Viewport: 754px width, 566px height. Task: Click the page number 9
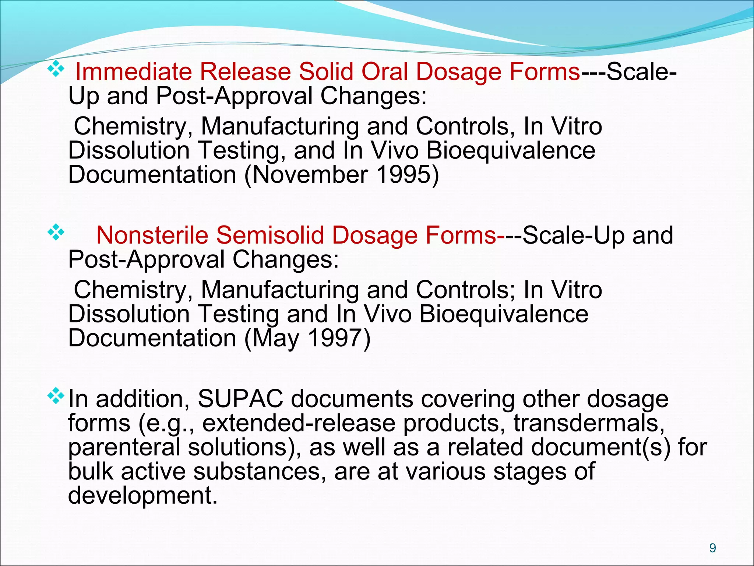[x=712, y=548]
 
